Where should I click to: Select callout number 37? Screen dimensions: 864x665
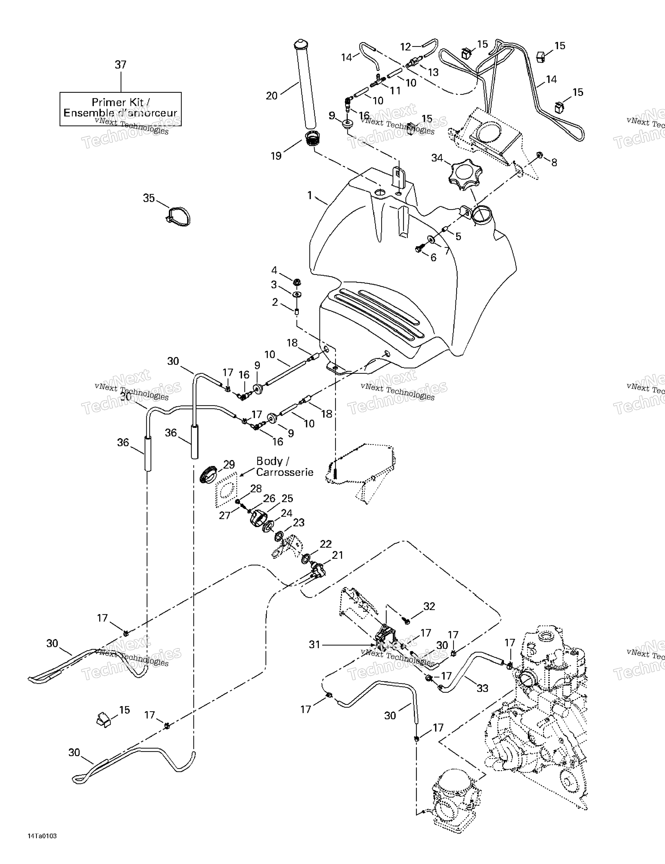click(121, 65)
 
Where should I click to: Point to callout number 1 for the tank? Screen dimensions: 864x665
click(310, 195)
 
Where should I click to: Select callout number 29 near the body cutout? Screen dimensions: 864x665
click(229, 465)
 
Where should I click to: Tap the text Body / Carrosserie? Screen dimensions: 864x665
click(284, 467)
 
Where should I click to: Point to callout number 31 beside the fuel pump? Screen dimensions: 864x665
click(314, 645)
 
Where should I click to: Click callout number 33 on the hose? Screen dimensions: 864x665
click(482, 688)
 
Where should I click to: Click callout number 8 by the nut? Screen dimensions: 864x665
click(554, 163)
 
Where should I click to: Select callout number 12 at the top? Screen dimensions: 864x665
click(406, 47)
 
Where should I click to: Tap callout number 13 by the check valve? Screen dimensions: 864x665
click(433, 72)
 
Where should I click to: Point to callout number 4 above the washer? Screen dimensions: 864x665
click(274, 270)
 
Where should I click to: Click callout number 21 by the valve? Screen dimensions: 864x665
click(337, 555)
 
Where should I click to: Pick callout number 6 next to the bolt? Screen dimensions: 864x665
click(433, 258)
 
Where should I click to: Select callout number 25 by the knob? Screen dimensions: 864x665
click(287, 498)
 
